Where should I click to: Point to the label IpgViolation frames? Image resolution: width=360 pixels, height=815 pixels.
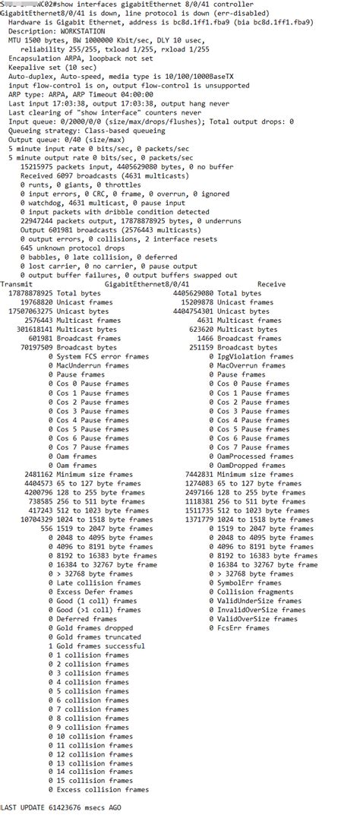[x=254, y=355]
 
